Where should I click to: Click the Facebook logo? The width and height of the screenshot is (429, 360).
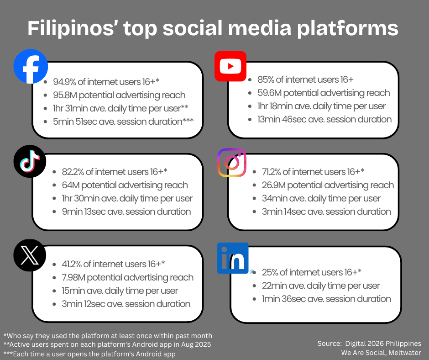(31, 67)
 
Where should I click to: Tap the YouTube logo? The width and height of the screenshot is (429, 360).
(230, 66)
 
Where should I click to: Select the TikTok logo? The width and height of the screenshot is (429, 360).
(30, 160)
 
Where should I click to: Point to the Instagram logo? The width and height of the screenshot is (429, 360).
(232, 163)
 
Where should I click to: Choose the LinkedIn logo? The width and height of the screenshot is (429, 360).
(233, 258)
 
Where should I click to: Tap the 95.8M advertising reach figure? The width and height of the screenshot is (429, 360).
(65, 95)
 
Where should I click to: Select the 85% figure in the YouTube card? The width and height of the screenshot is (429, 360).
(264, 79)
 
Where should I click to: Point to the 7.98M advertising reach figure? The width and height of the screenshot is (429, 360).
(73, 277)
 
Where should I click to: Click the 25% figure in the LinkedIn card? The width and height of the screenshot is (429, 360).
(269, 272)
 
